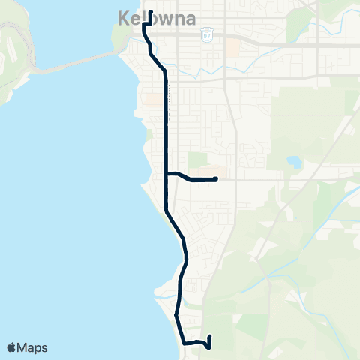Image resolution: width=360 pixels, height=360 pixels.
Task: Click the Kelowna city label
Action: click(x=157, y=18)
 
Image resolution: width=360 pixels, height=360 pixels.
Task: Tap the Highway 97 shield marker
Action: click(x=207, y=34)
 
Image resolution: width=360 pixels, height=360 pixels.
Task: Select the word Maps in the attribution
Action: click(x=33, y=347)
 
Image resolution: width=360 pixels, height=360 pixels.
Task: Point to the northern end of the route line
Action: click(x=151, y=13)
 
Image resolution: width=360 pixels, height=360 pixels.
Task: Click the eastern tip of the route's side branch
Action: click(x=216, y=178)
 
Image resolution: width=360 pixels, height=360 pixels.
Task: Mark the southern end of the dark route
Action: click(x=209, y=337)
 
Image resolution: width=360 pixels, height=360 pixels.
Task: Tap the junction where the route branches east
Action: click(x=166, y=174)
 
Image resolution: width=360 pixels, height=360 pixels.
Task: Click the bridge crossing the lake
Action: click(x=67, y=65)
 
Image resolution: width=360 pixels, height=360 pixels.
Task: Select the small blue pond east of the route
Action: click(x=293, y=162)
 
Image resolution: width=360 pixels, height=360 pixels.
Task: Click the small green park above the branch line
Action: click(x=196, y=160)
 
